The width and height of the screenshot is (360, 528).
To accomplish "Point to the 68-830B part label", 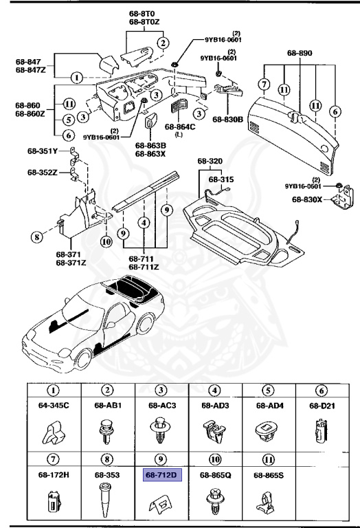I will (x=228, y=120).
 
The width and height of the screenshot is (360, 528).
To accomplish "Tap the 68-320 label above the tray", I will (x=211, y=162).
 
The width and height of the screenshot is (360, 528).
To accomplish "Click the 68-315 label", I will (x=221, y=178).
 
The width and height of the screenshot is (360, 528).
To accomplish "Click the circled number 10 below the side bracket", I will (x=105, y=241).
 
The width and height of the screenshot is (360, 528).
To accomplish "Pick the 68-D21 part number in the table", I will (x=319, y=405).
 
